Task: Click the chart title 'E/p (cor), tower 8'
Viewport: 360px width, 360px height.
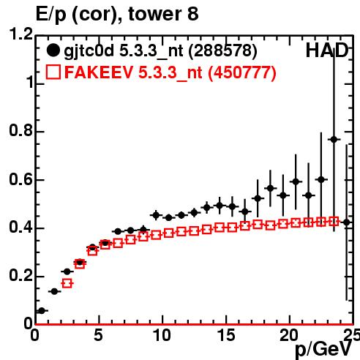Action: [x=117, y=14]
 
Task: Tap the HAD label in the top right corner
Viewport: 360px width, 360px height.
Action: [x=327, y=50]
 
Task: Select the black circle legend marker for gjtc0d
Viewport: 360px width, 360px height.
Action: [x=53, y=50]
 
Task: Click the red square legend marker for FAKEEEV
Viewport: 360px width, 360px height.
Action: [x=53, y=72]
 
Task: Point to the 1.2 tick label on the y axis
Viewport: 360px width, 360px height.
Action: [x=21, y=34]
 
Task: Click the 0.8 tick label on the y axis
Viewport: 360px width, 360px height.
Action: [x=21, y=130]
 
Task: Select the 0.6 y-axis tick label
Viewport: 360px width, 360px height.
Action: [x=21, y=179]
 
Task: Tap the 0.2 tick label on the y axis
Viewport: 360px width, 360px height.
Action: [x=21, y=276]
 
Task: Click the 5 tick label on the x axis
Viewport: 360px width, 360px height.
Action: [x=98, y=335]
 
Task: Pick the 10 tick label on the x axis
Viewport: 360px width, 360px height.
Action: [x=162, y=335]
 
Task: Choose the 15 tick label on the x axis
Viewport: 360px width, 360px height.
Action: [x=226, y=335]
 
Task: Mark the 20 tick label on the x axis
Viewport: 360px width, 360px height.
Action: [x=289, y=335]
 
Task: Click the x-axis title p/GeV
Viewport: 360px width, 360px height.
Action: [x=323, y=350]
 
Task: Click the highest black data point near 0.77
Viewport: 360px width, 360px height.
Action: [x=334, y=140]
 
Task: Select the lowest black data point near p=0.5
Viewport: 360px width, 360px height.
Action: [x=42, y=311]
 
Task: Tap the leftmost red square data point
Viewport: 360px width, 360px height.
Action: [x=67, y=283]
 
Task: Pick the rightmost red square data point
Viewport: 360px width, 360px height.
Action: [x=334, y=222]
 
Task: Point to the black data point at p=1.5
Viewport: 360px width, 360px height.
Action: [x=54, y=291]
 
